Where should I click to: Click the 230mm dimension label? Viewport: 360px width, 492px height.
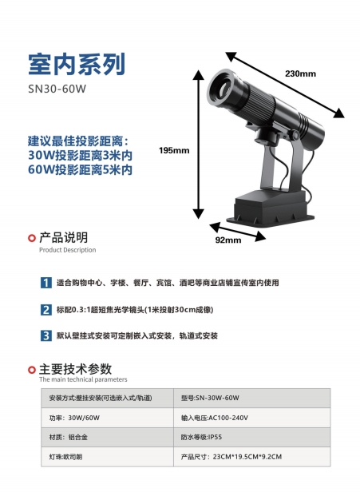click(300, 73)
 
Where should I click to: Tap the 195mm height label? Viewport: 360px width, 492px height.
click(174, 150)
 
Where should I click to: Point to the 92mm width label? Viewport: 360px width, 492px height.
click(228, 240)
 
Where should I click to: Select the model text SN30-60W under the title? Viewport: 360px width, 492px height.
click(57, 89)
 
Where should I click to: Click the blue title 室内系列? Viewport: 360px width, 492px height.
click(77, 64)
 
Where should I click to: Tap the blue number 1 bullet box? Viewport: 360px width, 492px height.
click(46, 283)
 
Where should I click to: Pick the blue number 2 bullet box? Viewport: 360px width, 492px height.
click(46, 310)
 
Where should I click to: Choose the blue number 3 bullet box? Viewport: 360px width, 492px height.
click(46, 335)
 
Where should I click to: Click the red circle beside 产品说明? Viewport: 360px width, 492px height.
click(32, 238)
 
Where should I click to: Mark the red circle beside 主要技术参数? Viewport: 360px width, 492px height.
click(32, 370)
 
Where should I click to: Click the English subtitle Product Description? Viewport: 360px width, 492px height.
click(67, 250)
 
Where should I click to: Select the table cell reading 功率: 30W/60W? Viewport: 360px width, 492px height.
click(107, 418)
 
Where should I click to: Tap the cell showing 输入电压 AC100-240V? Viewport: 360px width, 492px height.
click(251, 418)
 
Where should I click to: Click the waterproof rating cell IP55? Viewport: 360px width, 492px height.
click(251, 437)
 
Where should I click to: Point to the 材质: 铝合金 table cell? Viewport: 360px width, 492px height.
click(107, 437)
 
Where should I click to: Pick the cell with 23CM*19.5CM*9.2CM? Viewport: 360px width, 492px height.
click(251, 457)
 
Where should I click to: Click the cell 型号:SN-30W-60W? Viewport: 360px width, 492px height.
click(251, 399)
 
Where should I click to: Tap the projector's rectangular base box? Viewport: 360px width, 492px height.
click(271, 207)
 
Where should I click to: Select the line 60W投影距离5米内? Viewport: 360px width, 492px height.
click(80, 170)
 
